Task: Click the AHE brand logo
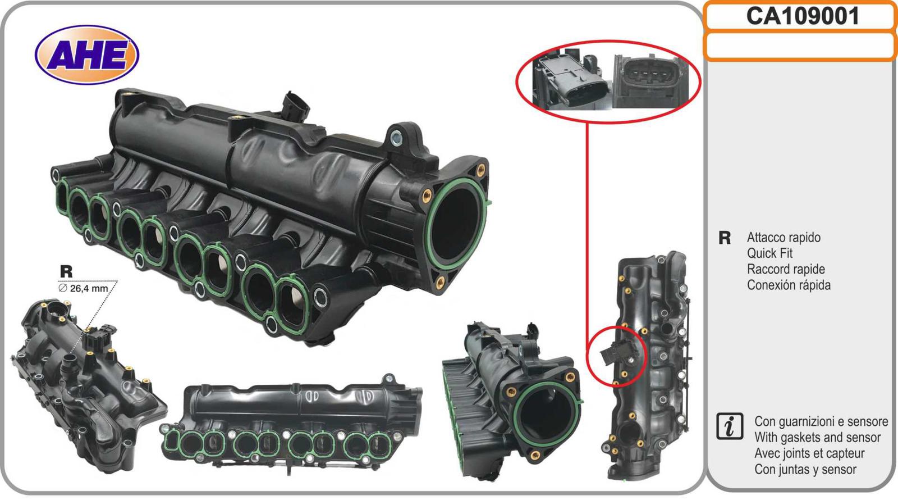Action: (x=87, y=54)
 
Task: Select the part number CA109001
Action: (x=803, y=16)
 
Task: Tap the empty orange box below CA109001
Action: (x=800, y=46)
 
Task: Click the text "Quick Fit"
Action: (x=769, y=253)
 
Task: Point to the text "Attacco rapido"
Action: (x=784, y=238)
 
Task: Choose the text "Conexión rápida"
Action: (x=789, y=285)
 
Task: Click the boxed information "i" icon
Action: (x=730, y=426)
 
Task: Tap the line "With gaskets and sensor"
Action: (x=817, y=437)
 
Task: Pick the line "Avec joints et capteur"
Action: (x=809, y=453)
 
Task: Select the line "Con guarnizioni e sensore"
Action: (x=821, y=421)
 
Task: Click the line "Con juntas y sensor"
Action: (x=805, y=469)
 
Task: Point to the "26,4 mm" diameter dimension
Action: (x=84, y=289)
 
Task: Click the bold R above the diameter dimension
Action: (x=66, y=272)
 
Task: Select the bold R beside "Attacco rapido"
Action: (x=725, y=238)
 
